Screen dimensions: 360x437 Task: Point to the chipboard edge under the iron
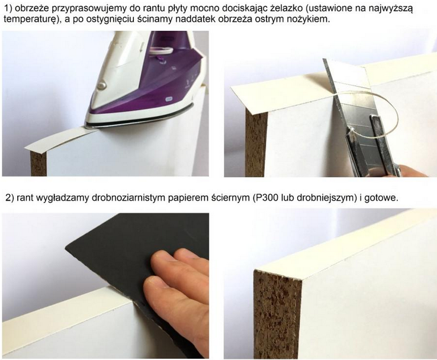click(x=38, y=163)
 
